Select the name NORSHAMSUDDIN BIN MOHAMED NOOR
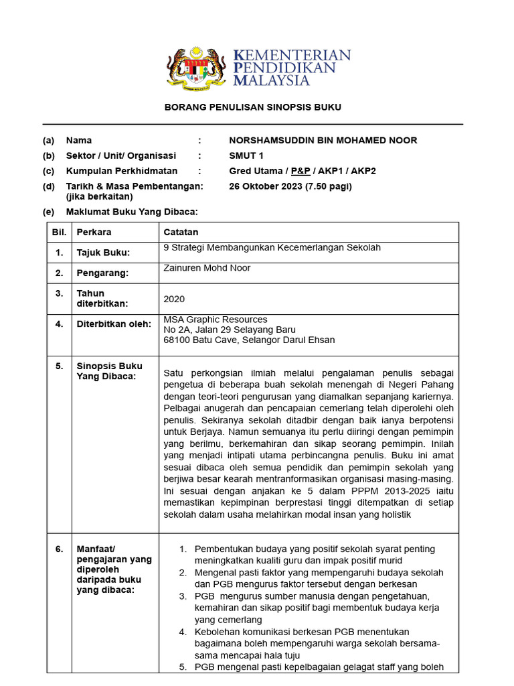pos(323,141)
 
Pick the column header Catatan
pos(181,232)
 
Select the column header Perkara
pos(94,232)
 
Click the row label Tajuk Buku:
pos(103,253)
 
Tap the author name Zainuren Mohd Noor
pos(207,268)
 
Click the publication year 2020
pos(174,299)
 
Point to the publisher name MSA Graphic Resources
pos(216,320)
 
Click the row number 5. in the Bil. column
pos(59,366)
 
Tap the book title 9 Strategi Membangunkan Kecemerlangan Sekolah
pos(272,248)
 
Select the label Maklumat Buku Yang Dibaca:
pos(131,212)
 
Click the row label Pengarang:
pos(102,273)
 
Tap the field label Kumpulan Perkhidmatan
pos(122,171)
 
